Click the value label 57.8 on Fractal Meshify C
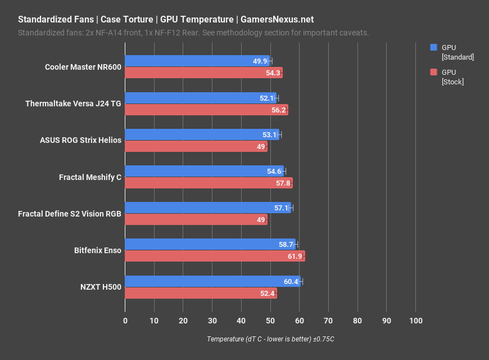282,183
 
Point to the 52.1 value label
266,98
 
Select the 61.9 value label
295,256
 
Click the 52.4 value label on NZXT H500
268,293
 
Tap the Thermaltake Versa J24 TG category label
73,103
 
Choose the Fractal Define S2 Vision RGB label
70,214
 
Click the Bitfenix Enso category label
97,250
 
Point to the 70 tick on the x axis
328,320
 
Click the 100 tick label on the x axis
415,320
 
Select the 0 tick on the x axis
125,320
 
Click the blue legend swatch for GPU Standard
433,48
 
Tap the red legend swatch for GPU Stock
433,72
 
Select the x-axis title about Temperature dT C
270,339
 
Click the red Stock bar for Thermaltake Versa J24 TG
206,110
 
